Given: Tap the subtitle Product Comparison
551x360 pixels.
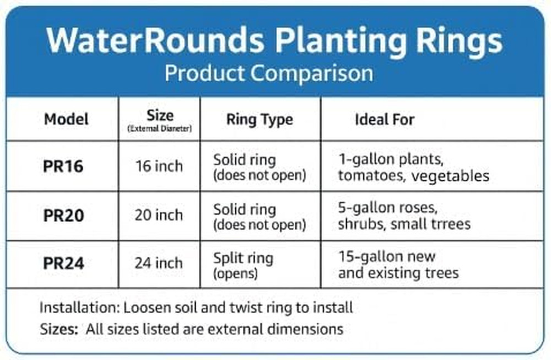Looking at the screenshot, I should [x=268, y=73].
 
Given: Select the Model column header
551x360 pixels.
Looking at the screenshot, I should [x=66, y=119].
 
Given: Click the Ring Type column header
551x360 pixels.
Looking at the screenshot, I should [x=260, y=120].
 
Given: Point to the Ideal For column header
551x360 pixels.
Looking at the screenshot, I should [x=385, y=119].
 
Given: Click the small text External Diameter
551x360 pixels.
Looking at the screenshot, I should [x=160, y=129].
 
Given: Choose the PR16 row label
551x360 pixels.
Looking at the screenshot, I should [x=63, y=166].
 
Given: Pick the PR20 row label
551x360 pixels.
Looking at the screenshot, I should [x=63, y=216].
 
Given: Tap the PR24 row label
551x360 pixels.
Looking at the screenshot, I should [x=63, y=264].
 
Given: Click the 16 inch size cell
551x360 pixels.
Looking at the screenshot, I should [x=159, y=166].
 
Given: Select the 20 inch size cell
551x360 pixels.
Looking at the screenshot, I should [x=159, y=215].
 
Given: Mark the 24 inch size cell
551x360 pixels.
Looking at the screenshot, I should [x=159, y=264].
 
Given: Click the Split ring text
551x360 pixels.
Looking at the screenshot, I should [x=243, y=258].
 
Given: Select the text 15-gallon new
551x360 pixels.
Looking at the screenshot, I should [x=387, y=256].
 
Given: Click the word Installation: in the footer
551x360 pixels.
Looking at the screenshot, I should [x=80, y=307].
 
